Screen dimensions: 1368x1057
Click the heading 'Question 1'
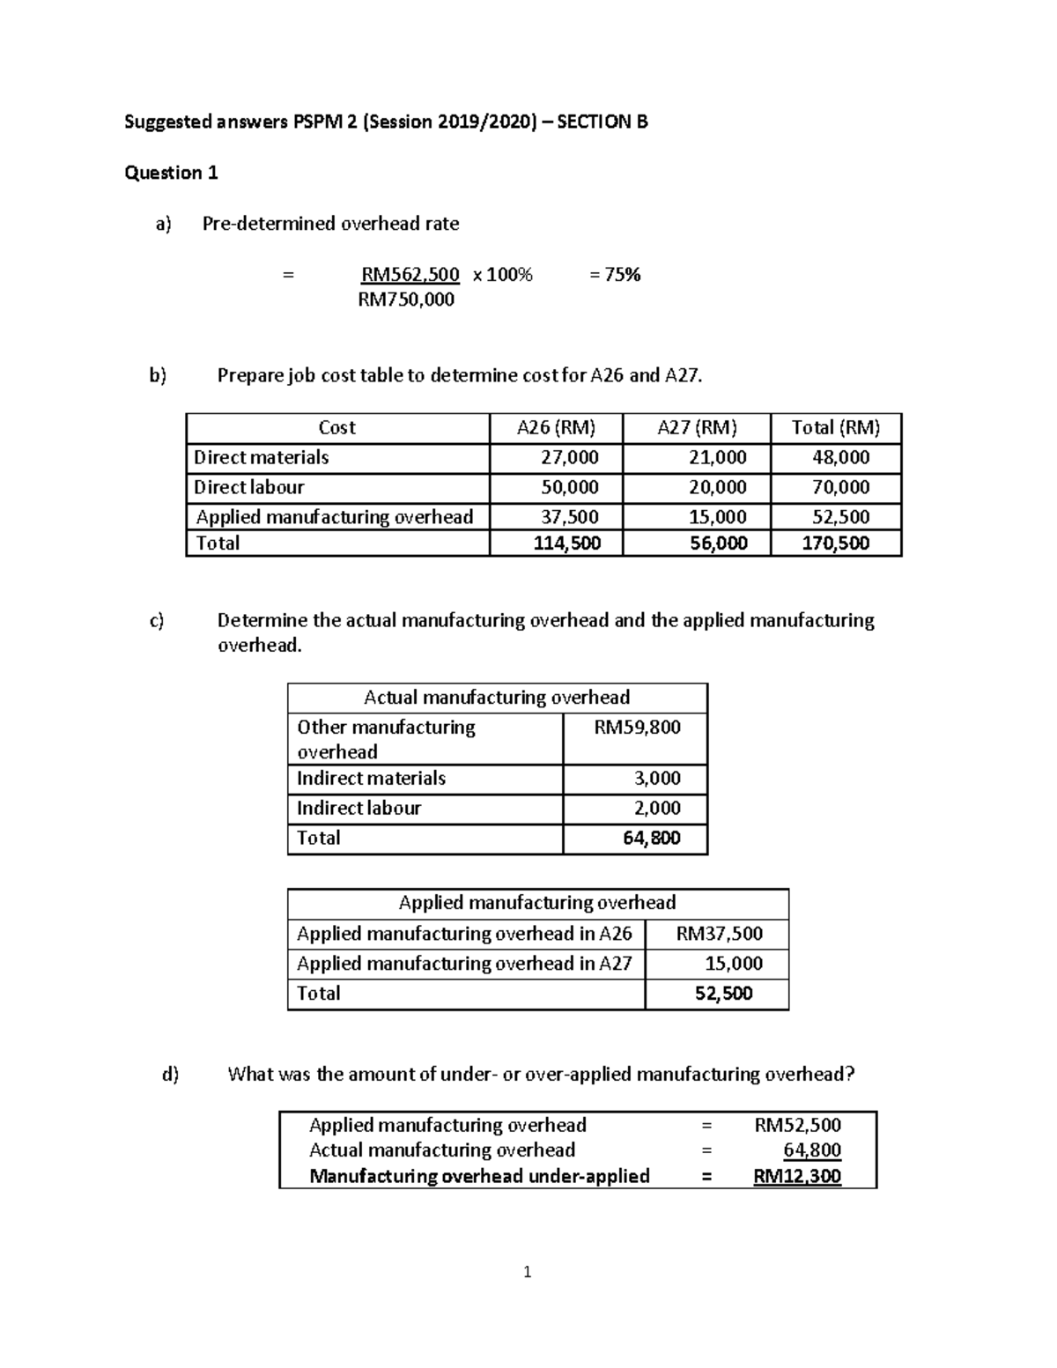coord(171,173)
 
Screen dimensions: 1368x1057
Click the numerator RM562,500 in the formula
coord(410,275)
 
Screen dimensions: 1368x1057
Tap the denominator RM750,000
coord(406,299)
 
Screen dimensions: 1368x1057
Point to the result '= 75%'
coord(615,275)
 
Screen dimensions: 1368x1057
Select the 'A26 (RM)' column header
coord(556,428)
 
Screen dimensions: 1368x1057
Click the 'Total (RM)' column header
coord(835,428)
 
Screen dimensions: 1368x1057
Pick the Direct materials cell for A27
coord(717,458)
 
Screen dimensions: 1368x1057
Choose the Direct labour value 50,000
coord(569,487)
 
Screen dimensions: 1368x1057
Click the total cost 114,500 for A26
coord(567,544)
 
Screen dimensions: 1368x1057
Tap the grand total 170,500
coord(835,544)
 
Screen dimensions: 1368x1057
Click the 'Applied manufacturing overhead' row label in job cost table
coord(334,517)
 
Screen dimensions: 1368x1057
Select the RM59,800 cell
coord(637,728)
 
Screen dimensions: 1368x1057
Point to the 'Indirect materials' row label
coord(371,779)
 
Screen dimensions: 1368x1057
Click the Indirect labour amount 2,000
coord(657,809)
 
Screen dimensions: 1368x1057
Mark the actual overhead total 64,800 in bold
coord(651,839)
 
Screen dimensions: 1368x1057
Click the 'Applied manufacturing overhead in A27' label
coord(464,964)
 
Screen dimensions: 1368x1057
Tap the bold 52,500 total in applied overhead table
coord(723,994)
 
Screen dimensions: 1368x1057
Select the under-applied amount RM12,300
coord(797,1177)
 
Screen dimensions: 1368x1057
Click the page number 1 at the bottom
coord(527,1272)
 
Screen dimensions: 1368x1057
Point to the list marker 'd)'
coord(170,1075)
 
